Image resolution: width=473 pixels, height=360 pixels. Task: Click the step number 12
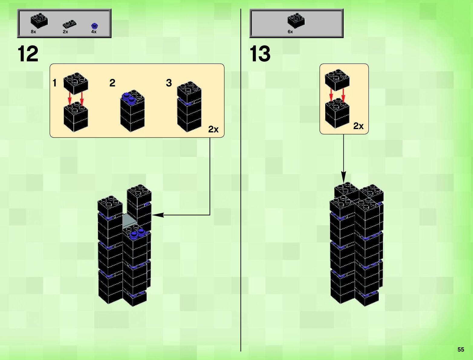[x=28, y=54]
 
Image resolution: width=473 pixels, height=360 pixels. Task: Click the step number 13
[x=260, y=54]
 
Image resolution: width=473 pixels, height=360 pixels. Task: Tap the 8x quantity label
[x=33, y=32]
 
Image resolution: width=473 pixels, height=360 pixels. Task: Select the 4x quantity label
[x=94, y=32]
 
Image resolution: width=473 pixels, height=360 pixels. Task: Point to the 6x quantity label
[x=290, y=32]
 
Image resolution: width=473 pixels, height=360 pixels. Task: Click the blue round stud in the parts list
[x=94, y=26]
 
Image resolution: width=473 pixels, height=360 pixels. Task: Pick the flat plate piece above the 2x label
[x=70, y=24]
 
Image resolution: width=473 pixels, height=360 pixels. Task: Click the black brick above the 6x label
[x=296, y=21]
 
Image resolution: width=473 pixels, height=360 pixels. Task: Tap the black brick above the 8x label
[x=39, y=21]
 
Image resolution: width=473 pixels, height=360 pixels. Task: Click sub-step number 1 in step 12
[x=55, y=83]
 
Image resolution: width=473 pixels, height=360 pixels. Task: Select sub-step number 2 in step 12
[x=112, y=83]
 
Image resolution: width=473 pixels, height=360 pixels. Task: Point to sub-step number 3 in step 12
[x=169, y=83]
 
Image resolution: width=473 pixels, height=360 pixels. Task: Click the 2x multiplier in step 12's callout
[x=213, y=129]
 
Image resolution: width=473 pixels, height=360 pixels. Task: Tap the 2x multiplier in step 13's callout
[x=358, y=126]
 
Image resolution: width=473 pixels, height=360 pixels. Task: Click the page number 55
[x=461, y=349]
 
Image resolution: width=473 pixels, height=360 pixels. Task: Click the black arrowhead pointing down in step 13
[x=343, y=177]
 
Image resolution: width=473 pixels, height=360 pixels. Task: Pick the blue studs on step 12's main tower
[x=137, y=234]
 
